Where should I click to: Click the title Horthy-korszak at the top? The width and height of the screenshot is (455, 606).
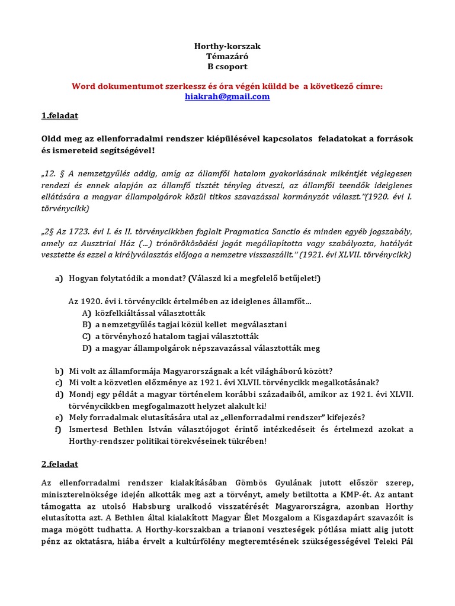[x=227, y=46]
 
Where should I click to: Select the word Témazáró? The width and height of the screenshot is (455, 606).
[x=227, y=56]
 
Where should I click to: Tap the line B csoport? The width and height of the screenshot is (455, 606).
[x=227, y=67]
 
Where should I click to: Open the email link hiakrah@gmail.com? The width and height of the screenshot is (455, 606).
[x=227, y=96]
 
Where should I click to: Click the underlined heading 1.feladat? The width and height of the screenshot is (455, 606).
[x=60, y=115]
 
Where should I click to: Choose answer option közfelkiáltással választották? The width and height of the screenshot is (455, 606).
[x=150, y=313]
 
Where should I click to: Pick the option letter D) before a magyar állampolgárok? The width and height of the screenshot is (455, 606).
[x=86, y=349]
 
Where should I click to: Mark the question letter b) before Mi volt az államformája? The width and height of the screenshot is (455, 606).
[x=59, y=371]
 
